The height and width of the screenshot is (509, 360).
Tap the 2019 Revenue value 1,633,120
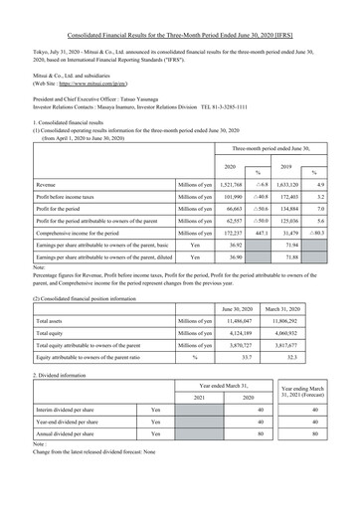283,185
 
